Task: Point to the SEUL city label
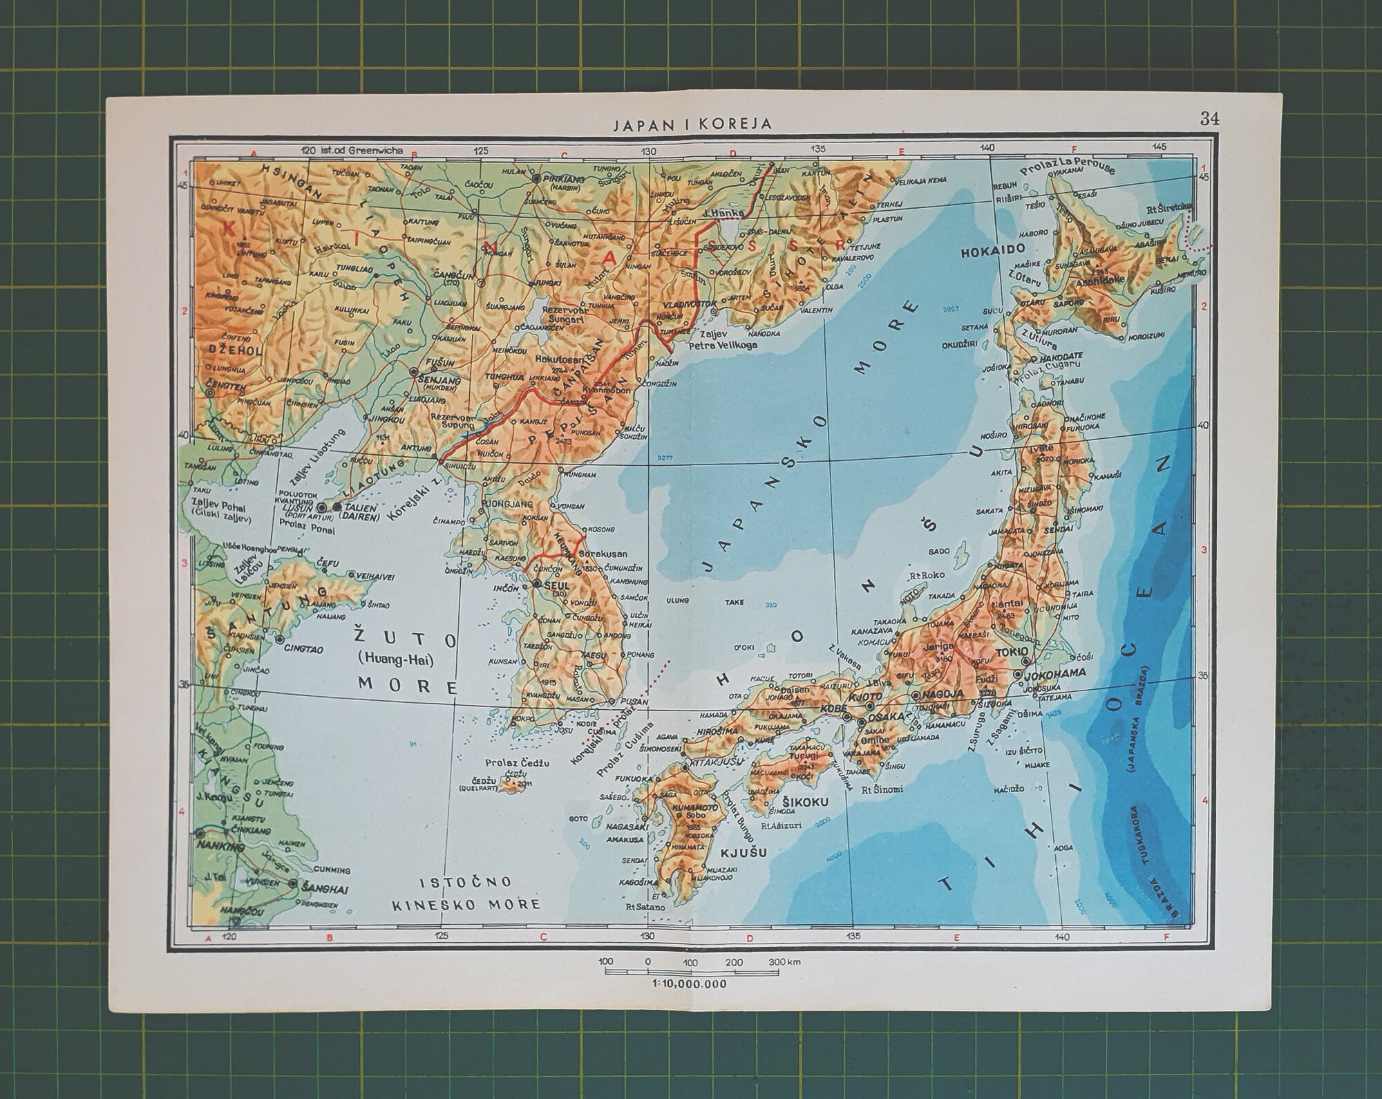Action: pos(555,585)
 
